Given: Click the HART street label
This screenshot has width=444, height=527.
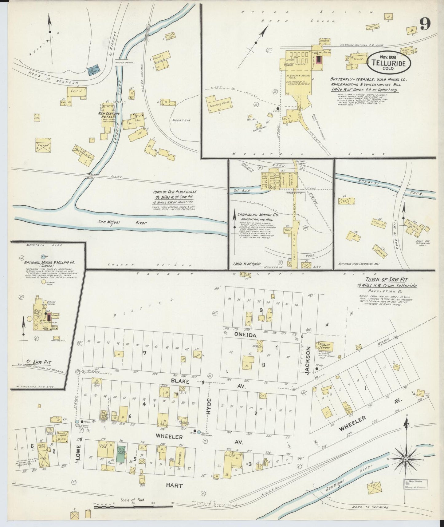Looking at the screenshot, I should tap(174, 485).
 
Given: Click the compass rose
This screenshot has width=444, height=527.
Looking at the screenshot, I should tap(406, 459).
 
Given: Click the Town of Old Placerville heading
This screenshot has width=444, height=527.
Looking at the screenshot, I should tap(175, 192).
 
